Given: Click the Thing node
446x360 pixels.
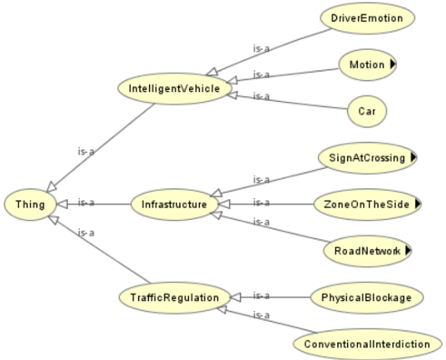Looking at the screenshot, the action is click(30, 205).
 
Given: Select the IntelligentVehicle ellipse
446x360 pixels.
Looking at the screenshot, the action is click(174, 88).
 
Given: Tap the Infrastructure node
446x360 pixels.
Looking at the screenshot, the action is click(174, 205).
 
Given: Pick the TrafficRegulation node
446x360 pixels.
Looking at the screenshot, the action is click(174, 297).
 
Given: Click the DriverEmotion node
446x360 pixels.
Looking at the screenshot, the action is click(367, 18).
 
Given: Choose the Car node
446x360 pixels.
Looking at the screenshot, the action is click(367, 111).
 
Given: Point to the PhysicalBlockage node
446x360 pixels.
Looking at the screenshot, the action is click(366, 297).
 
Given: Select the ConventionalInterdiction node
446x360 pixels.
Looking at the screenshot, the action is click(367, 345).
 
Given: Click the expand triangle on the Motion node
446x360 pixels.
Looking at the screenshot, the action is click(392, 65).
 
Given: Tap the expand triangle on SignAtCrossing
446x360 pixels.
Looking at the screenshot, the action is click(413, 157).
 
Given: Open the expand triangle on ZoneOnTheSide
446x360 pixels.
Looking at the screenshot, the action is click(418, 204).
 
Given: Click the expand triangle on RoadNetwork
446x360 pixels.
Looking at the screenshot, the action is click(408, 250).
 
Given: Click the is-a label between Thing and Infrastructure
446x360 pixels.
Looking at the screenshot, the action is click(86, 202).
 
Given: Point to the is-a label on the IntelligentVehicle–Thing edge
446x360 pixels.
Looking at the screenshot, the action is click(86, 151).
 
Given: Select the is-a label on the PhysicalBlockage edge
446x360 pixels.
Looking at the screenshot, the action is click(261, 295).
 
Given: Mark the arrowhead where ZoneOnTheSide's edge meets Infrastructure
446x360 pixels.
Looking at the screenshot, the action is click(224, 205).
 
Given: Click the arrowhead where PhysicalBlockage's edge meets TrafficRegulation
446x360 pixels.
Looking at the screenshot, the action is click(235, 297).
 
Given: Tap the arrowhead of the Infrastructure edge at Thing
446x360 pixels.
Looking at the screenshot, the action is click(63, 205).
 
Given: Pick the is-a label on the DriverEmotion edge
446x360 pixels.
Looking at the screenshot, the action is click(261, 48).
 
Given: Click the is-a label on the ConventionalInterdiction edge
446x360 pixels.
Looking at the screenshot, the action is click(261, 315).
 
